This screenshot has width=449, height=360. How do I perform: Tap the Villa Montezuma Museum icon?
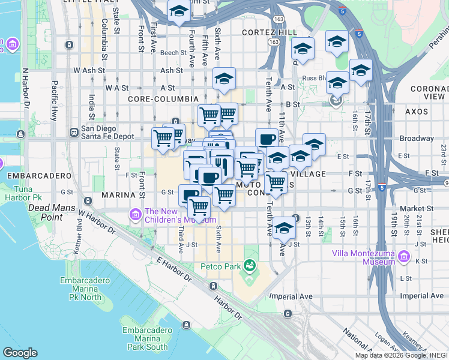click(x=404, y=258)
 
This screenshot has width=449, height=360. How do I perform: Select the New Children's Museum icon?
click(x=135, y=214)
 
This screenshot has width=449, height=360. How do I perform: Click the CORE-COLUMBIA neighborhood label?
click(x=163, y=98)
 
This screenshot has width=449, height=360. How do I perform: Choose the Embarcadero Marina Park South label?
click(x=145, y=338)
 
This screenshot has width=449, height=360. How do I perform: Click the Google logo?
click(x=20, y=353)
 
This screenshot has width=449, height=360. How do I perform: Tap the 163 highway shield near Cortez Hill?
click(x=274, y=42)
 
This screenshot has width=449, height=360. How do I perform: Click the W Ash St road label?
click(x=85, y=70)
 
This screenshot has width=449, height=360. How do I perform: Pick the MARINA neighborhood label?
click(x=116, y=196)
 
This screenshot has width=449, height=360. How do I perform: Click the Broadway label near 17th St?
click(x=417, y=138)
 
